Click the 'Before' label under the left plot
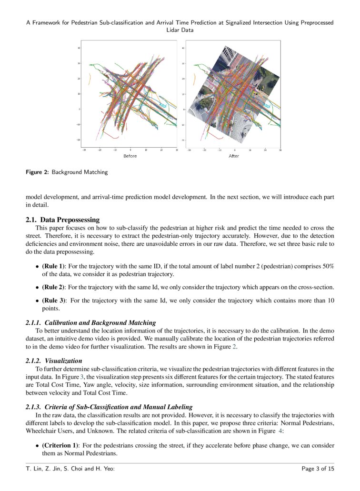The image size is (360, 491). (130, 156)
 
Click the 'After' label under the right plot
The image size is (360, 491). (234, 156)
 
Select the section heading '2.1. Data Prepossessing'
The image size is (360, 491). (62, 220)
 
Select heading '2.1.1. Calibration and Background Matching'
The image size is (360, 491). (90, 323)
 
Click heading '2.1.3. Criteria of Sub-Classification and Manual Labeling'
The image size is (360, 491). (109, 407)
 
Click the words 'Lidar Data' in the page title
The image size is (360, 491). (180, 30)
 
